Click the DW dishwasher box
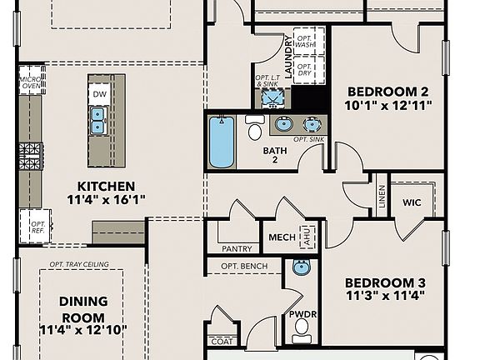pos(99,94)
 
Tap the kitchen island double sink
pos(98,121)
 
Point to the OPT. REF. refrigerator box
pos(36,225)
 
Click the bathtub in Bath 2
pos(222,142)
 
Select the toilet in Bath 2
pos(255,129)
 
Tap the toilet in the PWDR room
pos(302,326)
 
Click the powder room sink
pos(301,268)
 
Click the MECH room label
pos(280,237)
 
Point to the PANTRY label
pos(237,248)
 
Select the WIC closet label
pos(412,202)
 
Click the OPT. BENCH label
pos(243,267)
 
